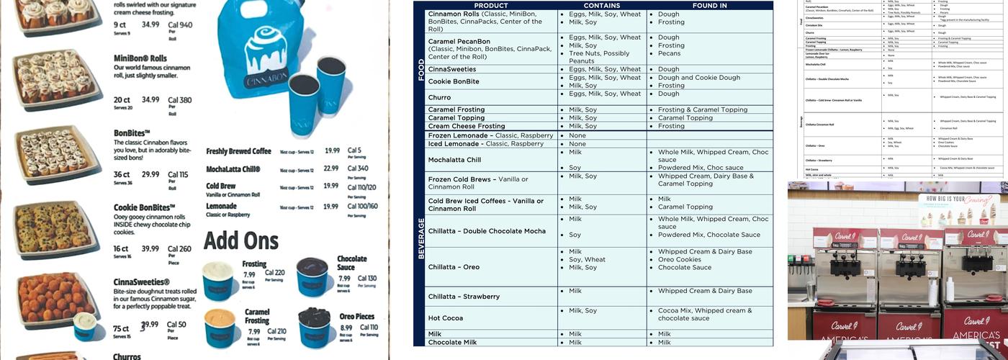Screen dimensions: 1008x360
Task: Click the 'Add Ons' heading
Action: (241, 240)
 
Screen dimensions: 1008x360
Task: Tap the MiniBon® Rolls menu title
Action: (140, 58)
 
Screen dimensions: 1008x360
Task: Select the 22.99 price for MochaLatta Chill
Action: (330, 168)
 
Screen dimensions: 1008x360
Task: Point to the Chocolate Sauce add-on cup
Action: (312, 276)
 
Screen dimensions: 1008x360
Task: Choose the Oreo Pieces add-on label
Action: (356, 317)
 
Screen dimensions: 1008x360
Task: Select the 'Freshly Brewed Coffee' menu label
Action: (238, 151)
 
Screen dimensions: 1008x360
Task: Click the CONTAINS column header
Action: (601, 6)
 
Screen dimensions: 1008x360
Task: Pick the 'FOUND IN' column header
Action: (709, 6)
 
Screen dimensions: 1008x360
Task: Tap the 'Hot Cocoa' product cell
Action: (445, 318)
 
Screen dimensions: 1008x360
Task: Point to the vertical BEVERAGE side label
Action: (421, 238)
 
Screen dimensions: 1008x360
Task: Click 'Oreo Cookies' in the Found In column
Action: (679, 260)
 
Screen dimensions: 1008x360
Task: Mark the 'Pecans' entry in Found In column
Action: (669, 53)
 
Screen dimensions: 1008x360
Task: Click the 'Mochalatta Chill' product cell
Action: (454, 160)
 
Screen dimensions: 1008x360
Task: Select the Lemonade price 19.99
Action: (330, 207)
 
